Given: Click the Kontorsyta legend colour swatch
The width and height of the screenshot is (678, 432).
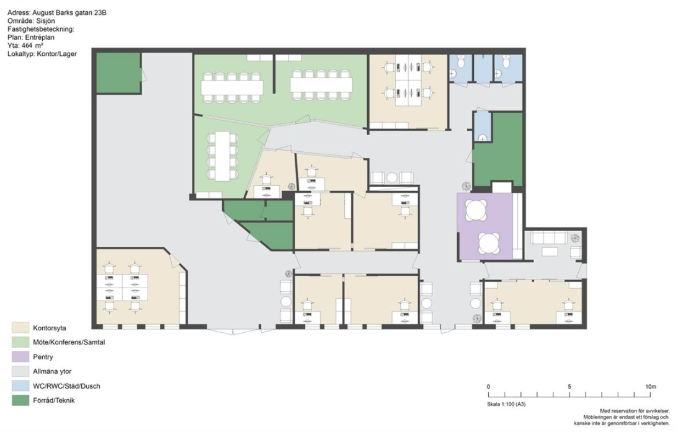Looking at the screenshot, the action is pos(20,328).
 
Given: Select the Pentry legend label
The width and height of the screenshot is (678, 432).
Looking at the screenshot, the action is pos(43,357).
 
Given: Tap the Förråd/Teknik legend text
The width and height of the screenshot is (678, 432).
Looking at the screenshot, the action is pos(53,400).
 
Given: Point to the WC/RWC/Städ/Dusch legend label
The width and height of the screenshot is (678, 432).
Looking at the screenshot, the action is pos(66,386).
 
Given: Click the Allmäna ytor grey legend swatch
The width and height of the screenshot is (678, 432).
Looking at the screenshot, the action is pos(20,371).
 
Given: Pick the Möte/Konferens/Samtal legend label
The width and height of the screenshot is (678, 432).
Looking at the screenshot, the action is pos(69,342).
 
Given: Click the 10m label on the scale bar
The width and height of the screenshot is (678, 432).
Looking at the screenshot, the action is pos(650,387).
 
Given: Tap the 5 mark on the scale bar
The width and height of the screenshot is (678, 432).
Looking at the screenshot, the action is pos(569,387).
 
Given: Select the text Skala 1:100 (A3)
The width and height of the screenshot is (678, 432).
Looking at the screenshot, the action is pos(506,404).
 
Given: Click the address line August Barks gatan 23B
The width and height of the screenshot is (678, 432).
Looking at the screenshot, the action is pos(69,13).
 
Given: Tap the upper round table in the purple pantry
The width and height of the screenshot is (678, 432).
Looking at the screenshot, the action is pos(476,211).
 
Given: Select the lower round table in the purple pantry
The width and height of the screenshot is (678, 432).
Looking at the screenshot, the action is pos(489,244).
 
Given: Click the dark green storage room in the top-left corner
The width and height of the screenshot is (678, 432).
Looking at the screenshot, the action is pos(118,73).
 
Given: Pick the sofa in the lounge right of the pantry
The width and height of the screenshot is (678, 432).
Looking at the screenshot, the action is pos(549,238).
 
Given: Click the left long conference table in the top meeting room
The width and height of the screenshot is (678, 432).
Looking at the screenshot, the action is pos(232,87).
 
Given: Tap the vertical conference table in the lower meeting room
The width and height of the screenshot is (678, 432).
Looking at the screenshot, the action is pos(222,156).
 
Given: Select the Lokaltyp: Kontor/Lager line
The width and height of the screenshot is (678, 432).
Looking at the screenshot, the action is pos(42,53).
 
